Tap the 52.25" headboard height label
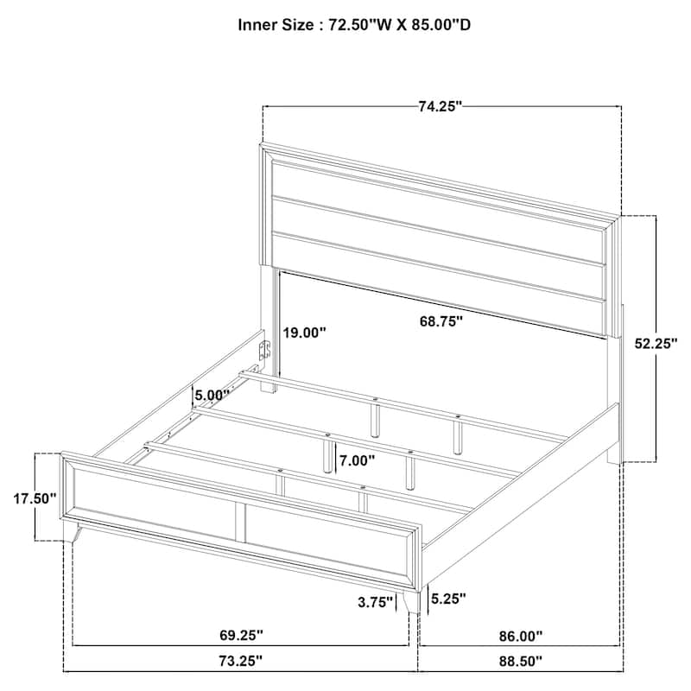click(656, 343)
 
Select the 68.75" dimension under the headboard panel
click(441, 320)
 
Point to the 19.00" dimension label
click(304, 333)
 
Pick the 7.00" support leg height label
click(357, 461)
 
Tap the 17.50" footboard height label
click(35, 498)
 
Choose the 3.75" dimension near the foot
click(375, 602)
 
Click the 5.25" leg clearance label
click(448, 598)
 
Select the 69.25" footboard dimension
click(241, 635)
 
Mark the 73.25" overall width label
click(241, 661)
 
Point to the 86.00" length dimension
click(521, 636)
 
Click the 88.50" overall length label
click(521, 661)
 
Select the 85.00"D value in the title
click(441, 25)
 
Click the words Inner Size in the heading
click(276, 25)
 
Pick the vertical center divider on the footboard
click(240, 523)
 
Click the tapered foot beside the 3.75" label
click(412, 600)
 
